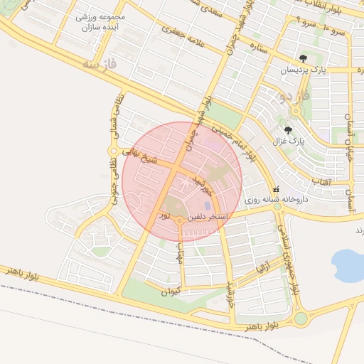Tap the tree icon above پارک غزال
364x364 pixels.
click(x=288, y=129)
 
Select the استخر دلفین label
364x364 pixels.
click(x=207, y=215)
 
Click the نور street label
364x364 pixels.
click(x=164, y=213)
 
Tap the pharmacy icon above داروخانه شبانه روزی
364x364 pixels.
click(x=276, y=190)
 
